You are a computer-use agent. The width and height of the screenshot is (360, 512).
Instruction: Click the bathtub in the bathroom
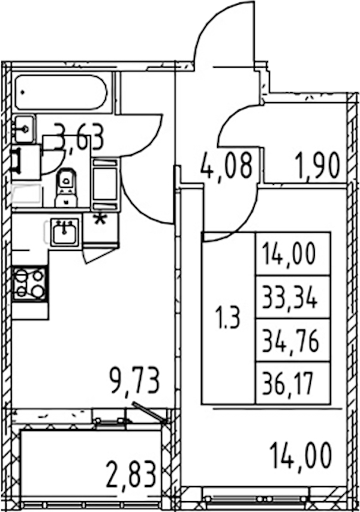point(61,92)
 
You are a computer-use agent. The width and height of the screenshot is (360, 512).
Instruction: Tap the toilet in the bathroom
point(66,187)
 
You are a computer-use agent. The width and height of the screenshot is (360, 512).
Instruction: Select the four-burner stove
point(29,283)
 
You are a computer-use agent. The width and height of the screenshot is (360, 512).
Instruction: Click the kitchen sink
point(65,232)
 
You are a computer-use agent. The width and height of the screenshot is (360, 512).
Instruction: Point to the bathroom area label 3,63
point(79,137)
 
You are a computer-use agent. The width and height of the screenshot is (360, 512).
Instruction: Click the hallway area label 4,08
point(227,165)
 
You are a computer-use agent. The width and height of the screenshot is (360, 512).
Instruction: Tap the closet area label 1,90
point(317,166)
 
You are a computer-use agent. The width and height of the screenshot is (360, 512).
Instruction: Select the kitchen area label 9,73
point(135,381)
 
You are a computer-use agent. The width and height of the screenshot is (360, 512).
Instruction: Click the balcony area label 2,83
point(131,474)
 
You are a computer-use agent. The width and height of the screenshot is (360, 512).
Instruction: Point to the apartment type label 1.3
point(228,318)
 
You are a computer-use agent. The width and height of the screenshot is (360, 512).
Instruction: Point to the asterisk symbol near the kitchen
point(100,219)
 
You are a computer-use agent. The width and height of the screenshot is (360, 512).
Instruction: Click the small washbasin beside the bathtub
point(24,130)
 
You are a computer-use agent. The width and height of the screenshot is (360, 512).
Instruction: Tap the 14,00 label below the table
point(301,456)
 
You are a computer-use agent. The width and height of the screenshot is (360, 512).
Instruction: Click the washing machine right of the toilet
point(105,184)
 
